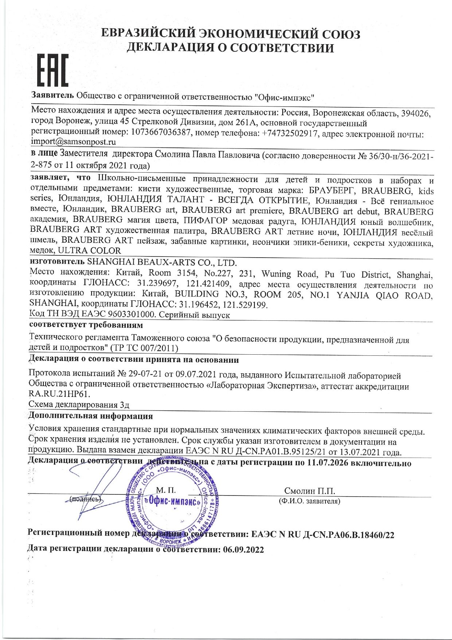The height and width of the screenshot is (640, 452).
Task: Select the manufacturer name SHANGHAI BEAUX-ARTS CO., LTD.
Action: coord(162,262)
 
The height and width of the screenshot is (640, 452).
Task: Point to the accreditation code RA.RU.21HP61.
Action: coord(59,394)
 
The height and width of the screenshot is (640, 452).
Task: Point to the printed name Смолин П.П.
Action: coord(309,491)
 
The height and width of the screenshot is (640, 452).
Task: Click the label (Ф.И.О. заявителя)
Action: coord(309,501)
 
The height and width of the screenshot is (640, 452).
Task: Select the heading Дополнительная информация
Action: coord(91,416)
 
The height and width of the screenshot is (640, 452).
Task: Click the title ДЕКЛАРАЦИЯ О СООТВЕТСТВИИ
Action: coord(230,47)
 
